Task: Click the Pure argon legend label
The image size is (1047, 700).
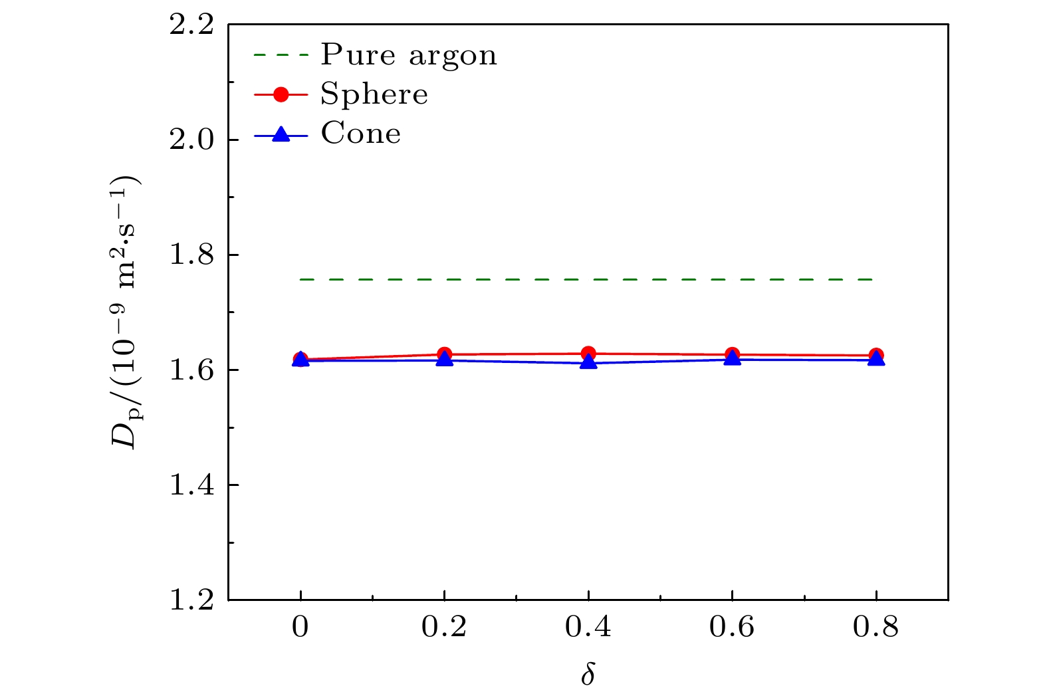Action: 408,55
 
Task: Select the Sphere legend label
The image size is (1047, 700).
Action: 374,94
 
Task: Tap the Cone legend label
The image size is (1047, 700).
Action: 360,134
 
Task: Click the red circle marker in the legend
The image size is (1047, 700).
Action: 281,95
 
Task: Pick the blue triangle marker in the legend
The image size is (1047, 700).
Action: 281,134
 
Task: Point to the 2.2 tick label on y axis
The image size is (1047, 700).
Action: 191,25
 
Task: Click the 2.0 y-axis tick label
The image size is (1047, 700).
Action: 191,140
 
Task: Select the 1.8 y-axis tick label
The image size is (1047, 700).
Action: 191,255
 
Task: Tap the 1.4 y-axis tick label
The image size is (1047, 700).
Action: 191,485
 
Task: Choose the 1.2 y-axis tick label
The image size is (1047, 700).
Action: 191,600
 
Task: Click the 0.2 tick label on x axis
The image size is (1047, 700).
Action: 444,627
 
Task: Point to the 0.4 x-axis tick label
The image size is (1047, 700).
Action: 588,627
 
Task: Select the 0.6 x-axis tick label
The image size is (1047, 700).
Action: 732,627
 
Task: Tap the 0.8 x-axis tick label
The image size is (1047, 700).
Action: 876,627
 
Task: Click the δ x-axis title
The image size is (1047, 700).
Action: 588,673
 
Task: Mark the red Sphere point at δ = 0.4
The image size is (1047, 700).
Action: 588,354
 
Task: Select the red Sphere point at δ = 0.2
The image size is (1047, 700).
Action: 444,354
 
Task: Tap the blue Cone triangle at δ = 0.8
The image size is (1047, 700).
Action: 876,359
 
